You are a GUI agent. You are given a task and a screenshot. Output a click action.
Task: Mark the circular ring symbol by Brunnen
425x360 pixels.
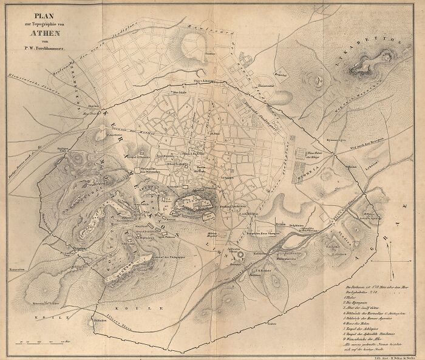242,256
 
